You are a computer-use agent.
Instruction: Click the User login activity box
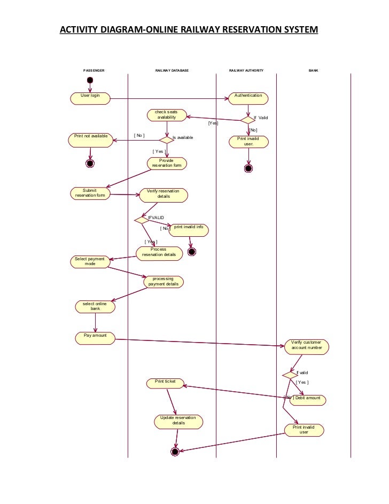[x=90, y=98]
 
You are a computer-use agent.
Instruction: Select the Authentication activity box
[x=248, y=98]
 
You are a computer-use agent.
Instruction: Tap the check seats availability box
[x=167, y=115]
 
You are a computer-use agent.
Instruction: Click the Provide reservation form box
[x=167, y=163]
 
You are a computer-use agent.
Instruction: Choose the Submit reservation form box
[x=90, y=193]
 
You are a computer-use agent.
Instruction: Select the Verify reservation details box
[x=164, y=195]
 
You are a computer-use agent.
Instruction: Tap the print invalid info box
[x=189, y=230]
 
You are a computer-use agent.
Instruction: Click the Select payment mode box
[x=90, y=262]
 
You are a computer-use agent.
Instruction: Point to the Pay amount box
[x=95, y=338]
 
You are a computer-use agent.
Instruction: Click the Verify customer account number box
[x=307, y=346]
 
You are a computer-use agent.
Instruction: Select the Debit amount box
[x=307, y=400]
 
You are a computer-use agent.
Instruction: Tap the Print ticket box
[x=165, y=383]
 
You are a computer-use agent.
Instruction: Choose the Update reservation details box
[x=178, y=421]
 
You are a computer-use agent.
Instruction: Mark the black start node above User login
[x=90, y=80]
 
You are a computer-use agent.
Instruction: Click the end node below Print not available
[x=90, y=163]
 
